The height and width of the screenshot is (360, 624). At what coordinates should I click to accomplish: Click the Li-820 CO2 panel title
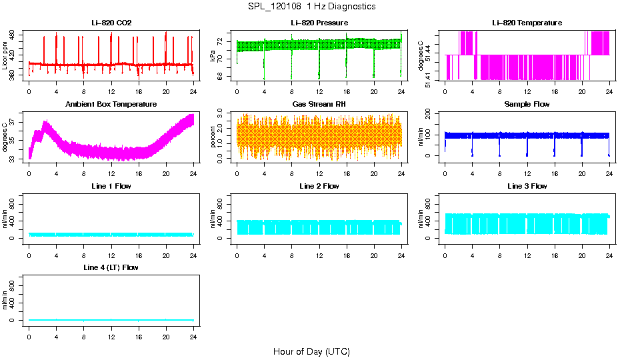tap(111, 23)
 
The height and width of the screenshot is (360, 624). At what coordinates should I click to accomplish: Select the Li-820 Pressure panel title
tap(319, 23)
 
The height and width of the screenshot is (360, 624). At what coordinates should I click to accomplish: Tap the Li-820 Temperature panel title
tap(527, 23)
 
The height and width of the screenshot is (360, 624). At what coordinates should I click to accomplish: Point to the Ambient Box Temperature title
tap(111, 105)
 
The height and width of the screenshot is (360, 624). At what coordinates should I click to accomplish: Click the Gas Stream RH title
tap(319, 105)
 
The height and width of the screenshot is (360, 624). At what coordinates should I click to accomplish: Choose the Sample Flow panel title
tap(527, 105)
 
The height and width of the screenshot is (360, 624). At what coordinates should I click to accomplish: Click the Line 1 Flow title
tap(111, 186)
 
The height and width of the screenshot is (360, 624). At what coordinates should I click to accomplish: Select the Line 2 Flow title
tap(319, 186)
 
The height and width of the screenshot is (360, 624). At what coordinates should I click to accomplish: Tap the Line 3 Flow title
tap(527, 186)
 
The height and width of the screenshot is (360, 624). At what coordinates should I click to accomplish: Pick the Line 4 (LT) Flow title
tap(111, 267)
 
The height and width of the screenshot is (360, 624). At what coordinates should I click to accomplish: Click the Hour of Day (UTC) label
tap(311, 351)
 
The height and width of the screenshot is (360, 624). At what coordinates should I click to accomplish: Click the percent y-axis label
tap(213, 137)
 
